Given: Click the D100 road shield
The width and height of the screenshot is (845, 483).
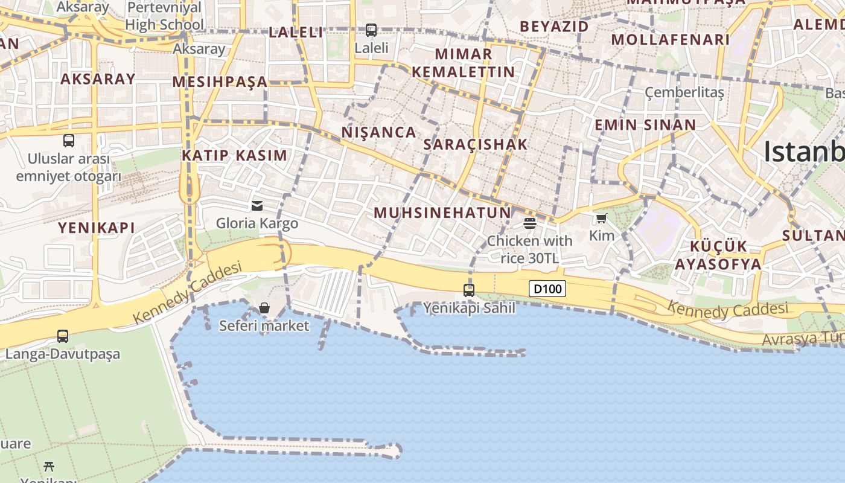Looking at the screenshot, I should point(548,289).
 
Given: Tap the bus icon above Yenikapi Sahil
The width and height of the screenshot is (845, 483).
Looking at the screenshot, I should point(469,290).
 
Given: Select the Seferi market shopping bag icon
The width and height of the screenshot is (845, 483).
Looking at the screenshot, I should point(264,308).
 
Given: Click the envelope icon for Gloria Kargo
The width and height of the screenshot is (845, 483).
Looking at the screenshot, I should point(257,205).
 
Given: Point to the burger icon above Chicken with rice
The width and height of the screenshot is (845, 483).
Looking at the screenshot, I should point(530,223).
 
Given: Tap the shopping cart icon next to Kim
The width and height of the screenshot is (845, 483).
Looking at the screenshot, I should point(601,218).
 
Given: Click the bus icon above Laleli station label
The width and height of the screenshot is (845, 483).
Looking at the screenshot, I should point(371,30).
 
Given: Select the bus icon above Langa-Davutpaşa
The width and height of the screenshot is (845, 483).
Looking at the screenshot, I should point(63,336).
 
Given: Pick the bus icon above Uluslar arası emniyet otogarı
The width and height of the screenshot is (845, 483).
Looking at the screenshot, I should point(69,141).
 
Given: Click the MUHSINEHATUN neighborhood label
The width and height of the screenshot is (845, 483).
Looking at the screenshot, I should point(442,213).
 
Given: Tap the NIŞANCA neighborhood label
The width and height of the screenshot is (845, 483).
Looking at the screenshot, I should point(379,132).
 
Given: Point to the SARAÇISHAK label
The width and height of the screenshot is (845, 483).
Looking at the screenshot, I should point(476,144).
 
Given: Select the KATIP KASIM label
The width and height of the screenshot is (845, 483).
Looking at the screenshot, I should point(235,155).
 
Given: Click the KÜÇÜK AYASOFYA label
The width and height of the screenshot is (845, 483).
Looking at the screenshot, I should point(718,255).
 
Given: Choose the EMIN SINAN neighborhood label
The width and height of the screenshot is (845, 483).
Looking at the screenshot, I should point(645,125).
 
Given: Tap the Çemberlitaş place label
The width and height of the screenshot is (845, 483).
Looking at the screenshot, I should point(684,92).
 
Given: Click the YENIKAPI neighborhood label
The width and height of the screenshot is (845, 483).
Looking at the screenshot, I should point(97,228).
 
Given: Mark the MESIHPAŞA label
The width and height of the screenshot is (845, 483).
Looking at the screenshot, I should point(220,82).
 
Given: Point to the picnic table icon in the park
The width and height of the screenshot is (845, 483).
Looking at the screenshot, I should point(49,466).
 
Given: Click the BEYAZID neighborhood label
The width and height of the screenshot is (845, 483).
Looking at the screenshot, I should point(554,27).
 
